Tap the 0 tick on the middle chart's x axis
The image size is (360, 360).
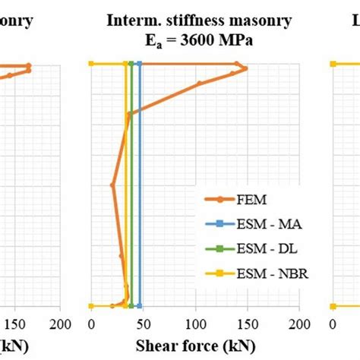(x=92, y=323)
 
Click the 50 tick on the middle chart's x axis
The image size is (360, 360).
(x=144, y=323)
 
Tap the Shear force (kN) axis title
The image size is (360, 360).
(x=195, y=346)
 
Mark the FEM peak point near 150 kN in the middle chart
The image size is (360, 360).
(x=245, y=69)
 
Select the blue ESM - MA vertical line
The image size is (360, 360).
(x=140, y=190)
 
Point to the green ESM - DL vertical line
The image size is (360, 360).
(x=131, y=190)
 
